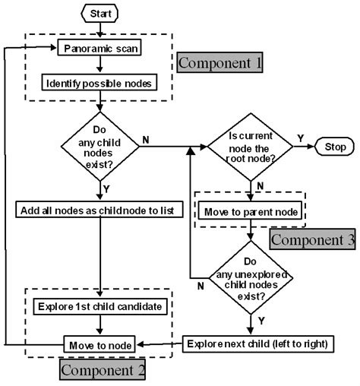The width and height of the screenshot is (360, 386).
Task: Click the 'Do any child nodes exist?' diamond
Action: (99, 144)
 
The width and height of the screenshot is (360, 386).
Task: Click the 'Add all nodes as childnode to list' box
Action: (99, 209)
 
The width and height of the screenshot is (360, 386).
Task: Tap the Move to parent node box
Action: (251, 209)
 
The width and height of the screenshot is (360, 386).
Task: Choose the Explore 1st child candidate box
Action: (99, 307)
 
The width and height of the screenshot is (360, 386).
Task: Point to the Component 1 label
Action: (221, 62)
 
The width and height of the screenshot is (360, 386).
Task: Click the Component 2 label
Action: (101, 371)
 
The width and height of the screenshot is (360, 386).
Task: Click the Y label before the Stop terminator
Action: (301, 138)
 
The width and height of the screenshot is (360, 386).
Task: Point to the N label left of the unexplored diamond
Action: (200, 286)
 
